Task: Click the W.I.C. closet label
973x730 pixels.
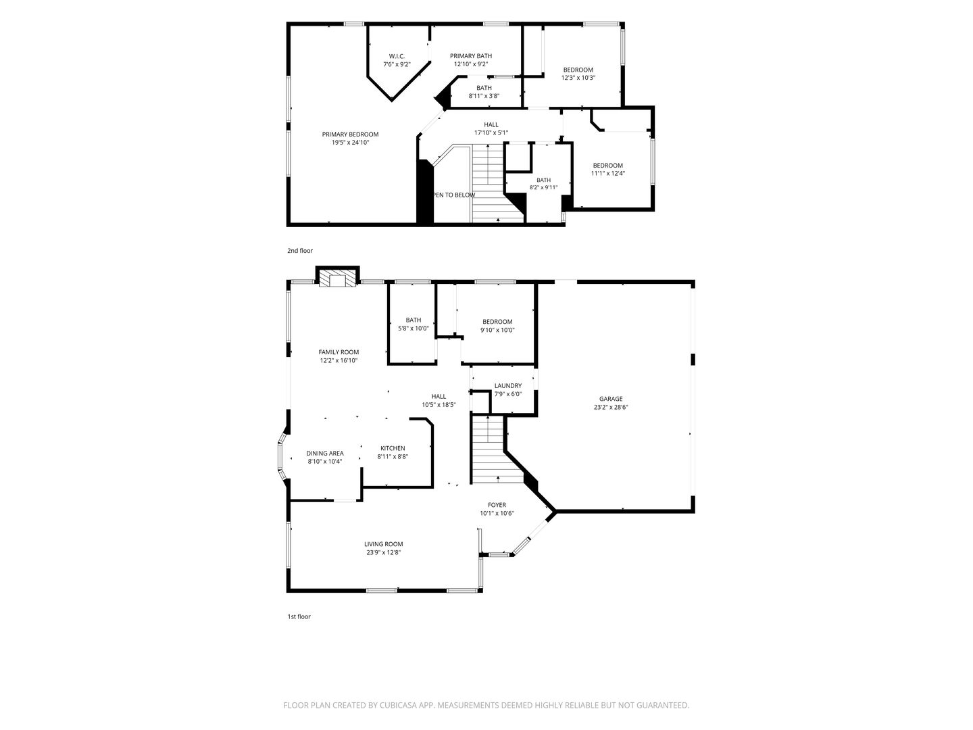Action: click(x=397, y=56)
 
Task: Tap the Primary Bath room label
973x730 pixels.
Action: click(x=471, y=56)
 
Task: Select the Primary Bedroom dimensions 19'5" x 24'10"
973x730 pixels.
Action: click(x=350, y=143)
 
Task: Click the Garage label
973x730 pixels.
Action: click(x=611, y=399)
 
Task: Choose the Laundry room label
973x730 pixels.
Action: click(x=508, y=386)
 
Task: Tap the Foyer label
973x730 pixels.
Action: click(x=497, y=506)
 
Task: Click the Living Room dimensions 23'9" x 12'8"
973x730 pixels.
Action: click(x=383, y=553)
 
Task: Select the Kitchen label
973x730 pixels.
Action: click(x=393, y=449)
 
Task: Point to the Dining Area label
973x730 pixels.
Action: click(x=325, y=454)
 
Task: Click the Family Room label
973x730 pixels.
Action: click(x=339, y=352)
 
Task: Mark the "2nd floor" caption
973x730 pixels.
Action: click(x=300, y=251)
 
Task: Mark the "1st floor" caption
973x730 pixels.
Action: click(x=299, y=617)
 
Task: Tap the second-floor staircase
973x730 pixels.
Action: click(x=492, y=183)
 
